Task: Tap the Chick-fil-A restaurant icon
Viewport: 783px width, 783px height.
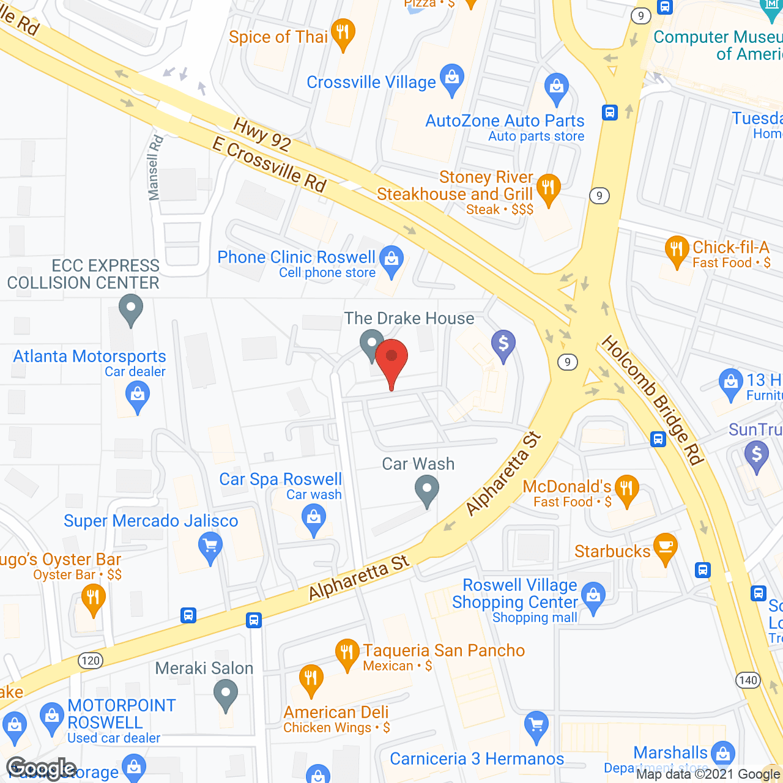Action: (677, 250)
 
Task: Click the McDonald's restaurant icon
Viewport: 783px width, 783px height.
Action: (626, 489)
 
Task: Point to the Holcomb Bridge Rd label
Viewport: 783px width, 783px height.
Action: (652, 401)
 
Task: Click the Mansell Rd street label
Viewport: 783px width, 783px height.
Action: (155, 168)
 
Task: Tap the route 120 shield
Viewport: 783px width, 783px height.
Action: (90, 661)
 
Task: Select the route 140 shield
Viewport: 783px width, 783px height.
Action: (748, 680)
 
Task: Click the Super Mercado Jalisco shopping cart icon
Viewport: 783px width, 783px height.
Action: (210, 546)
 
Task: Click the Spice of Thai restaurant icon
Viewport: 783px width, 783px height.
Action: (343, 32)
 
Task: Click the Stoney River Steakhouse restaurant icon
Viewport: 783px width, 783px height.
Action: (548, 188)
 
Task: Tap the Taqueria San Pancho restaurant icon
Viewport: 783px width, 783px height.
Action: (347, 653)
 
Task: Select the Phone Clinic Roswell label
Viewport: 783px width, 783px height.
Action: (297, 258)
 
